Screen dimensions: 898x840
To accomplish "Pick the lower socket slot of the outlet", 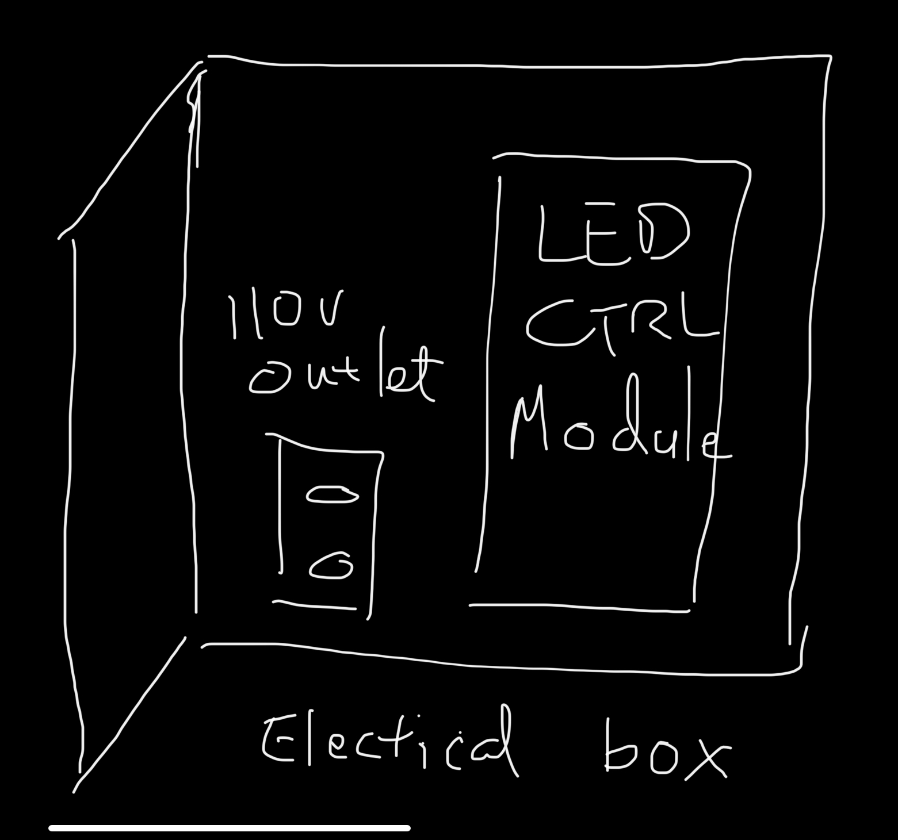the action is tap(331, 566).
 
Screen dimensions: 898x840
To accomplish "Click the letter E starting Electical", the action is tap(278, 739).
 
